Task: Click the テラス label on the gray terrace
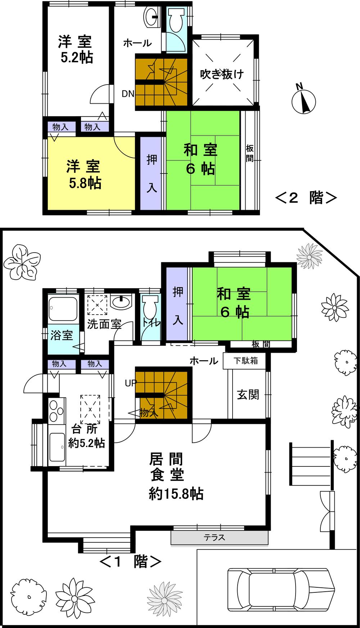point(215,537)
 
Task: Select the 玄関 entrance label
point(248,395)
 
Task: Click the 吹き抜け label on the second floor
point(222,74)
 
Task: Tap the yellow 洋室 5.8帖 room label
point(84,175)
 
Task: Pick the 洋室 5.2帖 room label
point(76,49)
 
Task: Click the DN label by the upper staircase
point(128,94)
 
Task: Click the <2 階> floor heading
point(306,198)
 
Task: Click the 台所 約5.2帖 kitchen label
point(86,436)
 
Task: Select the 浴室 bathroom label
point(62,335)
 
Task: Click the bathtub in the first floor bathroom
point(64,309)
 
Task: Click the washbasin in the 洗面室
point(121,302)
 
